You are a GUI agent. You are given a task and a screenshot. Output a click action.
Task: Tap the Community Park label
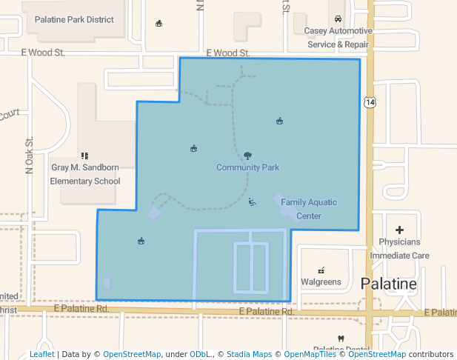point(247,167)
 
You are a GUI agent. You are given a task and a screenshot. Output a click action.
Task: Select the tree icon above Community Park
point(247,156)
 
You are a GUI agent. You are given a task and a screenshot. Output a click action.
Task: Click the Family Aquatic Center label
point(308,209)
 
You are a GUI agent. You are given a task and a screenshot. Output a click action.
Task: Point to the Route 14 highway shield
point(370,101)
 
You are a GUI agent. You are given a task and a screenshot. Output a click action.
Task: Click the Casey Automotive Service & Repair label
point(338,38)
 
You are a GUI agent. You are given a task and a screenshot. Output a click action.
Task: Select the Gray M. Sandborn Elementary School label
point(85,174)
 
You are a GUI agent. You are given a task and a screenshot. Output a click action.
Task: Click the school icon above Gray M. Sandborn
point(85,156)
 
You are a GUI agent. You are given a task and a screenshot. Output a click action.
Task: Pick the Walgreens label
point(321,281)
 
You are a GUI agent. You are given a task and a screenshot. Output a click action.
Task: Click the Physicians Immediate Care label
point(399,248)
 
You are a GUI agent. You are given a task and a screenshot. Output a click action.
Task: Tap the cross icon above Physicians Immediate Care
point(400,230)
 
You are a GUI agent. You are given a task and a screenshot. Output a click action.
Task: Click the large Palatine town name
point(389,284)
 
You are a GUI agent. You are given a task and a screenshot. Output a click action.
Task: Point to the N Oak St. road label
point(30,156)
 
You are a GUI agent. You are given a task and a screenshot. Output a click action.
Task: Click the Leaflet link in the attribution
point(41,355)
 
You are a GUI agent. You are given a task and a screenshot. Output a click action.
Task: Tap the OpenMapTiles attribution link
point(308,355)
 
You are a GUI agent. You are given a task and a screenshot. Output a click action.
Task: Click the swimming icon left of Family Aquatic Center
point(252,201)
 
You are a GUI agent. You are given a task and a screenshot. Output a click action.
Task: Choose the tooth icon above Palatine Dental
point(341,339)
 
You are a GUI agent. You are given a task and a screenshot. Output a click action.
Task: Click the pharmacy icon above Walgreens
point(321,270)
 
